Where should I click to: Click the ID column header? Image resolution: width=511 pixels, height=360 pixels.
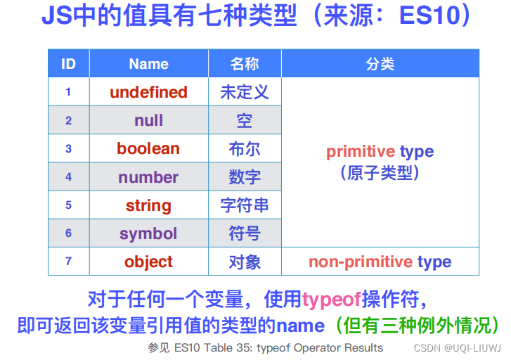pyautogui.click(x=68, y=64)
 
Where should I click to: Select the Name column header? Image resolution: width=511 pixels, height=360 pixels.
pyautogui.click(x=148, y=64)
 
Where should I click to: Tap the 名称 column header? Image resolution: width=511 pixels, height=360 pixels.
pyautogui.click(x=245, y=64)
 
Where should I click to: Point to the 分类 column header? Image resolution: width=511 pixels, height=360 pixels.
pyautogui.click(x=380, y=64)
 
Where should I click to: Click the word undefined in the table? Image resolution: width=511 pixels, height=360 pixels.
pyautogui.click(x=148, y=92)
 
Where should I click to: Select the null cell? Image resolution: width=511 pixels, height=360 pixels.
pyautogui.click(x=148, y=120)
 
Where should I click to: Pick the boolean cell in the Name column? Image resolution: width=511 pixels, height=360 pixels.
pyautogui.click(x=148, y=148)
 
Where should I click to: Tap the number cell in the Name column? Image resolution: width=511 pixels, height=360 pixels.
pyautogui.click(x=148, y=177)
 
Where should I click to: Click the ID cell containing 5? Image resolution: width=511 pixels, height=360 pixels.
pyautogui.click(x=68, y=205)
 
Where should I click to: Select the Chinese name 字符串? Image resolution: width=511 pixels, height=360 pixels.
pyautogui.click(x=245, y=205)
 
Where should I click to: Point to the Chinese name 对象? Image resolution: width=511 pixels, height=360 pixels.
pyautogui.click(x=245, y=262)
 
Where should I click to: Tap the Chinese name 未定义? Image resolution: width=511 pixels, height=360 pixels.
pyautogui.click(x=245, y=92)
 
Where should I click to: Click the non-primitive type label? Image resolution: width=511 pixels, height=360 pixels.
pyautogui.click(x=380, y=262)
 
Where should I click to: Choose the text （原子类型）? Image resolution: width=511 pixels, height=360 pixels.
pyautogui.click(x=380, y=173)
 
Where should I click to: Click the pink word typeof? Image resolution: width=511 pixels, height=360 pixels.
pyautogui.click(x=332, y=300)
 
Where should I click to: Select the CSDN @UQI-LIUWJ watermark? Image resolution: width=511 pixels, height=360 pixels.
pyautogui.click(x=458, y=348)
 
